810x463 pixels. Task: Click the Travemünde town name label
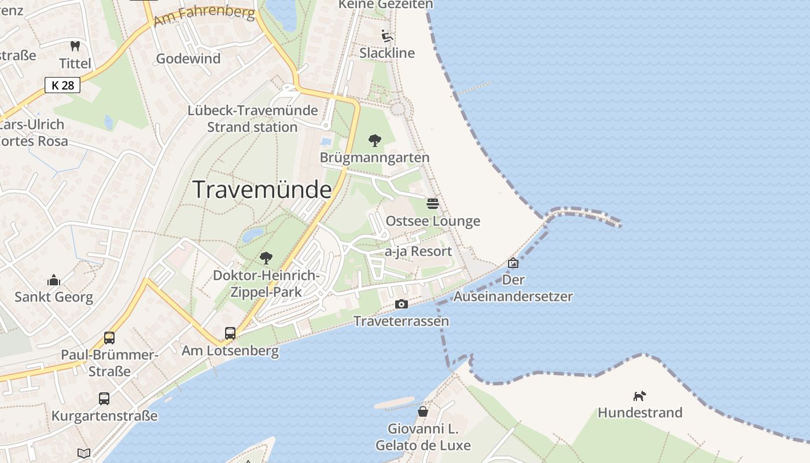tap(262, 190)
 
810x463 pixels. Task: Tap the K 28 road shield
tap(62, 85)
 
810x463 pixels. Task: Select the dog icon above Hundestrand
tap(639, 396)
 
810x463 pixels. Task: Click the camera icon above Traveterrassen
tap(401, 304)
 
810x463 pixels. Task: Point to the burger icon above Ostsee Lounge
tap(433, 203)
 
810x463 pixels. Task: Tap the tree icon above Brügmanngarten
tap(375, 140)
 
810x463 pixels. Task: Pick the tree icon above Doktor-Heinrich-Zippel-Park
tap(266, 258)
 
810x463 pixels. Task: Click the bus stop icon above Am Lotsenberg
tap(230, 333)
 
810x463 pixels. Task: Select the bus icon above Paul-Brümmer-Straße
tap(109, 337)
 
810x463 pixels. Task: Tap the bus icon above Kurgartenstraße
tap(104, 398)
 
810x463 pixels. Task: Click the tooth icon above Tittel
tap(75, 46)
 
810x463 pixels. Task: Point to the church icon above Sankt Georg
tap(54, 280)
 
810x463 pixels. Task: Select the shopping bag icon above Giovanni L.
tap(423, 411)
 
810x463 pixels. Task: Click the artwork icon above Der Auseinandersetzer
tap(513, 263)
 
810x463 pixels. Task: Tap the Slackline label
tap(387, 53)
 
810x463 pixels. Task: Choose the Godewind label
tap(189, 58)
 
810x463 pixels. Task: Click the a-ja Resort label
tap(418, 252)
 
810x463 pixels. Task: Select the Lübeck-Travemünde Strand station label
tap(253, 119)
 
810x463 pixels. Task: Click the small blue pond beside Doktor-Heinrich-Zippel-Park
tap(253, 234)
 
